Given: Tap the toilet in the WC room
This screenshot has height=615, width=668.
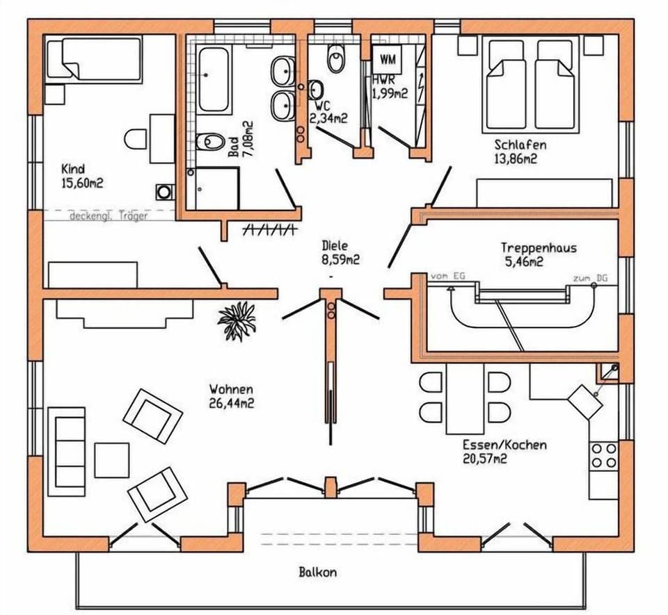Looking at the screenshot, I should (337, 59).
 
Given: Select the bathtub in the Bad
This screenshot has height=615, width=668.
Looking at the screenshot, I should (214, 79).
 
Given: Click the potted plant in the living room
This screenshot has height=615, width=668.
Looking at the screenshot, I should (237, 321).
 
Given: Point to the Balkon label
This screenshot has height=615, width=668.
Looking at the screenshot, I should (318, 573).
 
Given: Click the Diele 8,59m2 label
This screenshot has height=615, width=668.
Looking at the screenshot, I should (340, 253).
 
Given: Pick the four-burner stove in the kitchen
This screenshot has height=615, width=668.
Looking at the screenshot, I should (603, 456).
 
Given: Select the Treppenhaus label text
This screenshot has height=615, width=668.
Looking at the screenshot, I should (539, 248).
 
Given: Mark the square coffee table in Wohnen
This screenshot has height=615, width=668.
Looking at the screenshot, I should (112, 460).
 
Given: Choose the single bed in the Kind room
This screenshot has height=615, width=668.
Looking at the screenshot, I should (93, 58).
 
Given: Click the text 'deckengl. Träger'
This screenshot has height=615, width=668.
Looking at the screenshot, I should (108, 216).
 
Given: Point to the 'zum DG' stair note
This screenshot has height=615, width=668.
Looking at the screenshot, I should (589, 278).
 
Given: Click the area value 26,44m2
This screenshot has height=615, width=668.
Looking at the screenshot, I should (231, 402).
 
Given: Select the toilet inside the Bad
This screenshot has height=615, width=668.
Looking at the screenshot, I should (207, 142).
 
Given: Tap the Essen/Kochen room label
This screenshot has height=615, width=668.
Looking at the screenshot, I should (504, 445).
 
